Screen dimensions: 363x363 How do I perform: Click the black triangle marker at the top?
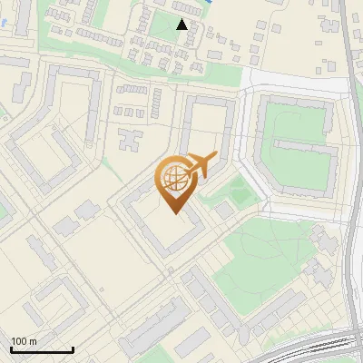coord(182,25)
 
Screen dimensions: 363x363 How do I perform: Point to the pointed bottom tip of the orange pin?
coord(175,213)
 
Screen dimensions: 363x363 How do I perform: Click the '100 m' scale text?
coord(24,341)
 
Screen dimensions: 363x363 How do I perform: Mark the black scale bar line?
coord(42,349)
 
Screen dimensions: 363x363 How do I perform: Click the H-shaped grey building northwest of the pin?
coord(130,141)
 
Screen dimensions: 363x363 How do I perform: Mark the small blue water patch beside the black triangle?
coord(208,4)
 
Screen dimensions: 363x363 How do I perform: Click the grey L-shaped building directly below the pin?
coord(163,231)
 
